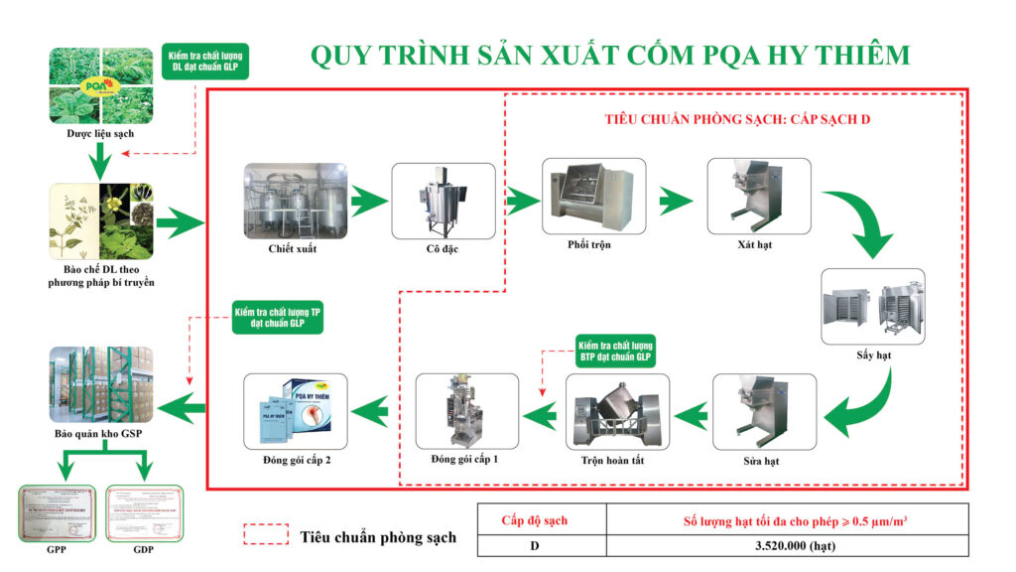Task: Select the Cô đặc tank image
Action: click(443, 201)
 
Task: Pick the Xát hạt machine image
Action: click(759, 196)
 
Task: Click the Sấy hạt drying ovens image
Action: click(873, 306)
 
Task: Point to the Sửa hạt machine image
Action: click(765, 412)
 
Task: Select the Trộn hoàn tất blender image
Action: click(616, 412)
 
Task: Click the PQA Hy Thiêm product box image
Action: click(295, 410)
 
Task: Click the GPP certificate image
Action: click(58, 513)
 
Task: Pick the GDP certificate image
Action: click(145, 513)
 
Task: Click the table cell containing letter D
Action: click(541, 545)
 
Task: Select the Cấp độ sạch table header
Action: click(541, 519)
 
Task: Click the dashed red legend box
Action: click(266, 535)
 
